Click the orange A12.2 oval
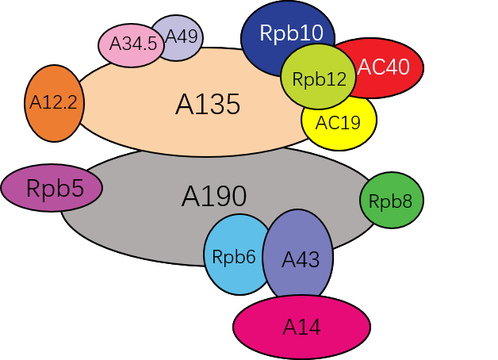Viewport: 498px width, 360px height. pos(54,103)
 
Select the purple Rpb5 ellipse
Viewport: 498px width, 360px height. pos(52,189)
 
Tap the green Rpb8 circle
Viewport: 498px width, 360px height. pos(391,201)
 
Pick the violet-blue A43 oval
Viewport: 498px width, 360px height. pos(298,259)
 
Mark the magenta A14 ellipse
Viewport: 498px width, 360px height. pos(301,327)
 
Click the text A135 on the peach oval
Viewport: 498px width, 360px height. pos(208,105)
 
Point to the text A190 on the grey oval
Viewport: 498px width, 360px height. pos(214,196)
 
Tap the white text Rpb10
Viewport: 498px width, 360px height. pos(288,33)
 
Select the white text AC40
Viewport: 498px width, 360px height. pos(384,67)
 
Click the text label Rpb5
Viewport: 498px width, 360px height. pos(52,189)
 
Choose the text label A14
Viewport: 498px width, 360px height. pos(301,327)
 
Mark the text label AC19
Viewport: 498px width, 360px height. pos(338,123)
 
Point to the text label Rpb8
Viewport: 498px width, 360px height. pos(391,201)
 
